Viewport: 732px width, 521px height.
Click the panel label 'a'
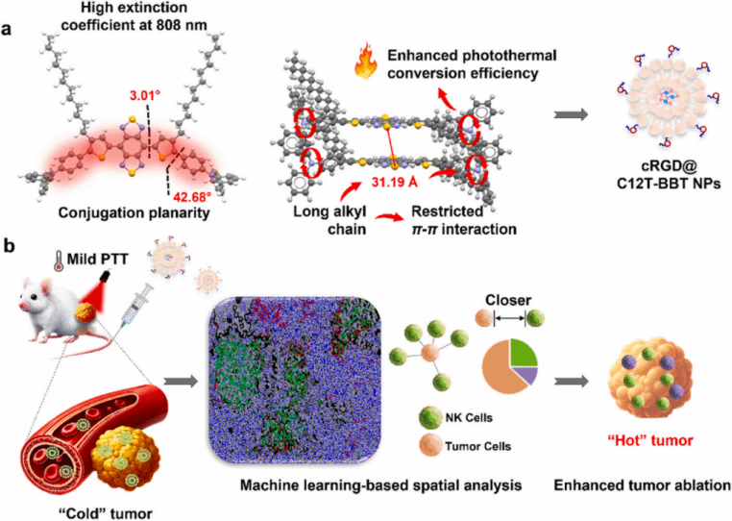pos(9,30)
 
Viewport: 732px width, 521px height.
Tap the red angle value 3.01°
pos(140,95)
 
